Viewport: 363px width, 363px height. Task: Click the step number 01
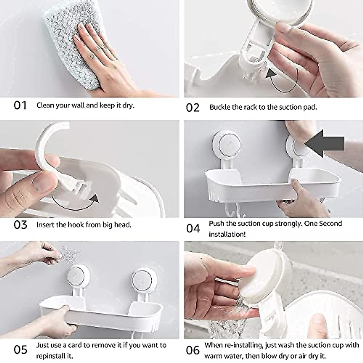coord(20,106)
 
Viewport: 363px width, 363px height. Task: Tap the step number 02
coord(193,108)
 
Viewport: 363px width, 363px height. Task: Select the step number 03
coord(21,225)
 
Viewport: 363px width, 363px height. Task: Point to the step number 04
coord(193,228)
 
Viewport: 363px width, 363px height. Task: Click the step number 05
coord(21,350)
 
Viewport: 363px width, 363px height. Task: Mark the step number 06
coord(193,350)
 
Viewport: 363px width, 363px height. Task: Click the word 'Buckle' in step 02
coord(220,107)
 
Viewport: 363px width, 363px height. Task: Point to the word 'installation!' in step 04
coord(227,234)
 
